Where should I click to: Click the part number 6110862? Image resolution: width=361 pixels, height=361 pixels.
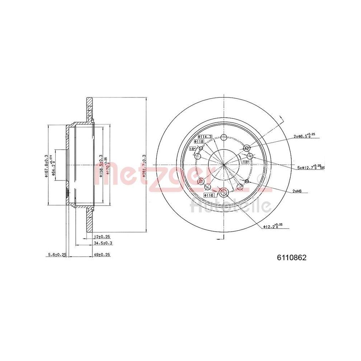tap(292, 258)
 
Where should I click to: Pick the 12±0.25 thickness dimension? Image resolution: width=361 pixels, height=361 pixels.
tap(102, 237)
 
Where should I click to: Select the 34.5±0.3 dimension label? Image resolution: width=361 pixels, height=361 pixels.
tap(103, 243)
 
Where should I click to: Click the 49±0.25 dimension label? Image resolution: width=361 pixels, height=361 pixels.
tap(102, 255)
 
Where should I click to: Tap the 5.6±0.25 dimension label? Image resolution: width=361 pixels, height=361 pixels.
tap(57, 255)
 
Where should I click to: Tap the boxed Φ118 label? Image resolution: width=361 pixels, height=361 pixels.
tap(199, 142)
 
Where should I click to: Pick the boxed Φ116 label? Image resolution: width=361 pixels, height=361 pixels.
tap(209, 195)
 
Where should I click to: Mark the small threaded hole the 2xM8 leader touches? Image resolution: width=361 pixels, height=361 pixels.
tap(247, 181)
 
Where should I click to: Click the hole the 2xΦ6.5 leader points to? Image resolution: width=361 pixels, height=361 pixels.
tap(247, 148)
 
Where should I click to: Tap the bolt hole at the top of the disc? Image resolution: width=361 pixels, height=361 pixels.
tap(223, 137)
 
